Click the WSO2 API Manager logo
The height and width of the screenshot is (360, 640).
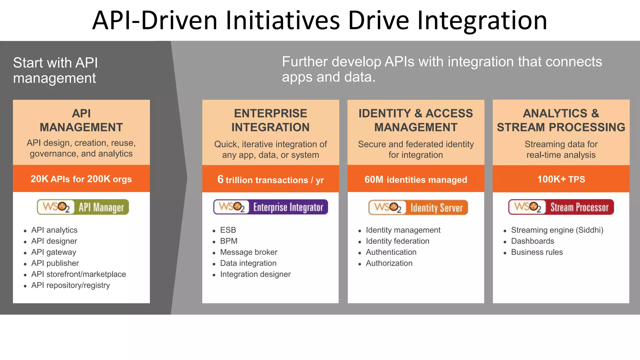(83, 207)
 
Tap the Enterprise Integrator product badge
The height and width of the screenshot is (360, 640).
(271, 207)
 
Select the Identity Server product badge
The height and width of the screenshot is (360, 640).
(418, 207)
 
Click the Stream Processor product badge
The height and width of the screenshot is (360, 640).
(561, 207)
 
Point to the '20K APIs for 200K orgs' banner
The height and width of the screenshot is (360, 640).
(81, 179)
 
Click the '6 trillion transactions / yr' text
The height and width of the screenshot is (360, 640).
(271, 180)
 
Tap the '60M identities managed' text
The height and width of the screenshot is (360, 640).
(416, 180)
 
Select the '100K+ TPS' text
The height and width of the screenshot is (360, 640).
(561, 179)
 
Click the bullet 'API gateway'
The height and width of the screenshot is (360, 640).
(53, 252)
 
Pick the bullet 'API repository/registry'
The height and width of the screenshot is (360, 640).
(70, 285)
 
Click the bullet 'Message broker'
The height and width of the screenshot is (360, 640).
(248, 252)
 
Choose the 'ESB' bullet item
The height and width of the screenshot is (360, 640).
(228, 230)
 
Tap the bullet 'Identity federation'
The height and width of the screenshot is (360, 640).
(397, 241)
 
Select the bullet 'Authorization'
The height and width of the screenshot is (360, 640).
(389, 263)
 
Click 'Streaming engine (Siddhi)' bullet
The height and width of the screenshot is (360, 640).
(557, 230)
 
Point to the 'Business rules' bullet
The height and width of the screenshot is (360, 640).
(537, 252)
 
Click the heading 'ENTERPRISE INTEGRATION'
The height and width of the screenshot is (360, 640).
(271, 120)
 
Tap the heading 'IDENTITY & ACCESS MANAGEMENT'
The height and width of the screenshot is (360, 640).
(416, 120)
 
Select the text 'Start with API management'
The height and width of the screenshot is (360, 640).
(55, 70)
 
